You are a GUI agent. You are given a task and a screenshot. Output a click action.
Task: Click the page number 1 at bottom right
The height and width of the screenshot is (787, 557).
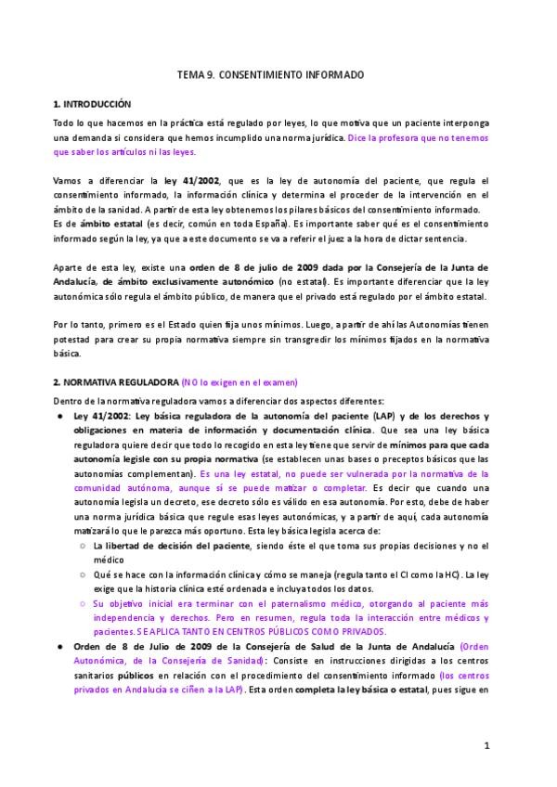486,745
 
